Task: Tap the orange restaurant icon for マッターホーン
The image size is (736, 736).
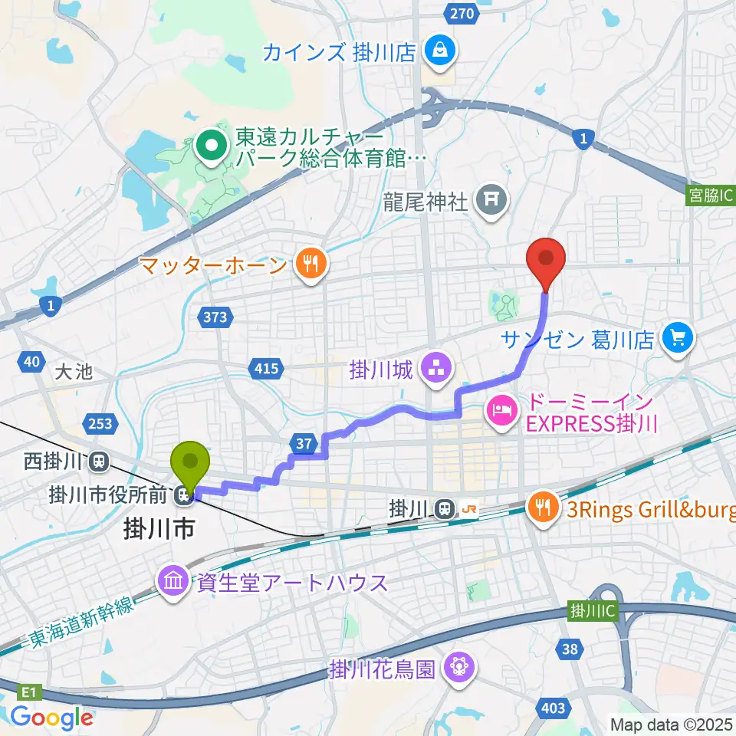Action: pyautogui.click(x=310, y=265)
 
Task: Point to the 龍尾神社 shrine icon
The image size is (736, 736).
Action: pyautogui.click(x=491, y=202)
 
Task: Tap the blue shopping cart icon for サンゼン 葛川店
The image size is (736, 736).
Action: pyautogui.click(x=677, y=337)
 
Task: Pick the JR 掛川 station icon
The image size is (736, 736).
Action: pyautogui.click(x=443, y=508)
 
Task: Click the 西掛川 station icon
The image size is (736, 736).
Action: pyautogui.click(x=98, y=462)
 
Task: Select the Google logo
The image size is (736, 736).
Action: pyautogui.click(x=51, y=718)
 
